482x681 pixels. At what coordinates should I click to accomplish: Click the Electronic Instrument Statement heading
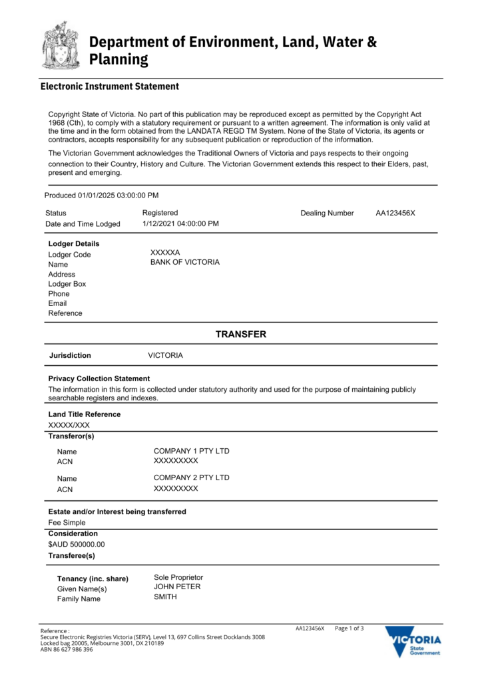coord(110,86)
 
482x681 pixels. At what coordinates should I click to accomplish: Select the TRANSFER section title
coord(240,335)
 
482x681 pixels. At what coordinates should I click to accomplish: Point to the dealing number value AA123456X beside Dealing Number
coord(395,213)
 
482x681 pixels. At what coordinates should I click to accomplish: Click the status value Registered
coord(160,213)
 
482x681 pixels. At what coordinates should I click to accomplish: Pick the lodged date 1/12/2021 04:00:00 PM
coord(180,223)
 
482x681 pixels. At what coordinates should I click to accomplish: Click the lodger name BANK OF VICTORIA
coord(185,263)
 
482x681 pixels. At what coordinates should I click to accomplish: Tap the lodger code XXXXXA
coord(166,253)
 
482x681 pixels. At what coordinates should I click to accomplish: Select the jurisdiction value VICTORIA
coord(165,356)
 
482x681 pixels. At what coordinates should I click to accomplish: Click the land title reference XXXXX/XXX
coord(69,426)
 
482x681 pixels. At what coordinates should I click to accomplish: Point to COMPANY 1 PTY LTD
coord(191,451)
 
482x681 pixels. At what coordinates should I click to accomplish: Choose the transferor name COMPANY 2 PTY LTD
coord(191,477)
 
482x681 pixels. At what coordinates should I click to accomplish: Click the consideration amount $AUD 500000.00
coord(77,545)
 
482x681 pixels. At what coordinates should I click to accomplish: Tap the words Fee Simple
coord(67,523)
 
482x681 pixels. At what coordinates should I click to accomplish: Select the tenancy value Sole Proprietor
coord(178,577)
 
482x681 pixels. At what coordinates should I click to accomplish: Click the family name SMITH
coord(166,597)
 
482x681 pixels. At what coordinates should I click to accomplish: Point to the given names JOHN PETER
coord(177,587)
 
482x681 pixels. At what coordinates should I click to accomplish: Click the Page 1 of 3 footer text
coord(350,628)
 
